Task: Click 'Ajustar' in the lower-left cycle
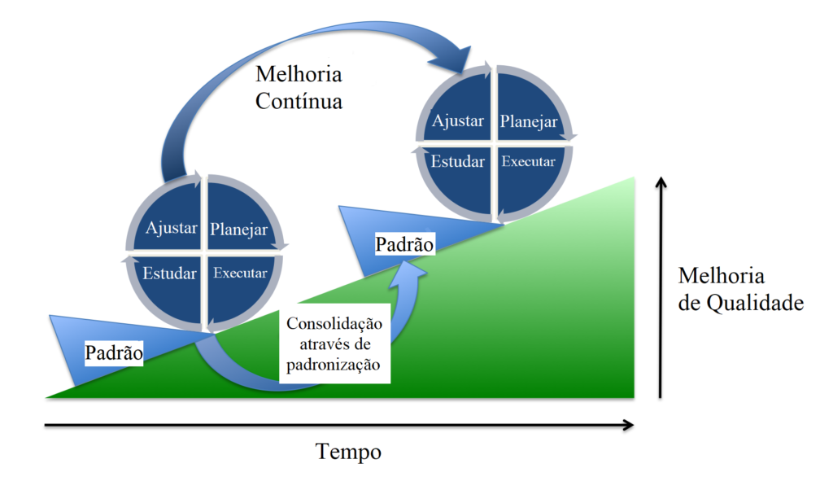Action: click(171, 228)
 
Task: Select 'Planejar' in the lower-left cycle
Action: click(239, 230)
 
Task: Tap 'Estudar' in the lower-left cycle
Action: click(169, 273)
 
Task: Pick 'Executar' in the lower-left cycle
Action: click(240, 273)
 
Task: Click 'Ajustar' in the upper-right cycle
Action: click(458, 120)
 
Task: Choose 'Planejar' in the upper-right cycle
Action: click(529, 121)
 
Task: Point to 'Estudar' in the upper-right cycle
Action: click(457, 161)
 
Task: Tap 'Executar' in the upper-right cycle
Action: click(529, 161)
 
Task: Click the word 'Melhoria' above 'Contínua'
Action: click(299, 75)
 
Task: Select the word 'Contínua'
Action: click(299, 102)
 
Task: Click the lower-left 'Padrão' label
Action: click(114, 353)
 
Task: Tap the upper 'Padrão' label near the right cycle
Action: click(404, 243)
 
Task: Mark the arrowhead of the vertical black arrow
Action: click(661, 181)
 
